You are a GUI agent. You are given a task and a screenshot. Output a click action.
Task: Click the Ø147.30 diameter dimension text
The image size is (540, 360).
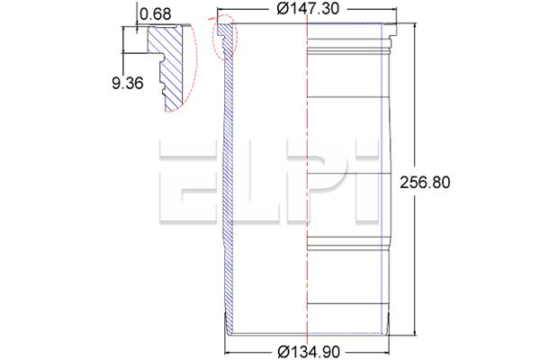click(308, 9)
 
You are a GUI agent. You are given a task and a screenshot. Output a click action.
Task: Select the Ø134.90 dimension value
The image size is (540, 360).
click(308, 352)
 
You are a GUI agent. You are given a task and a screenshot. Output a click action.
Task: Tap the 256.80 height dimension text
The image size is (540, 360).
click(425, 182)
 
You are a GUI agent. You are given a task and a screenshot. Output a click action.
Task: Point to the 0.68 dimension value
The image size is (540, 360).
click(156, 14)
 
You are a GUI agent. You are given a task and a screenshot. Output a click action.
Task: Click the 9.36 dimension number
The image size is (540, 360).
click(128, 84)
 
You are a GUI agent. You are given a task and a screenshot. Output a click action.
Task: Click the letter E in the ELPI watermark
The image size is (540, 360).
click(188, 181)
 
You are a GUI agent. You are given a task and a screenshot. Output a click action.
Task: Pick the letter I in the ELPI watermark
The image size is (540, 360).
click(367, 181)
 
